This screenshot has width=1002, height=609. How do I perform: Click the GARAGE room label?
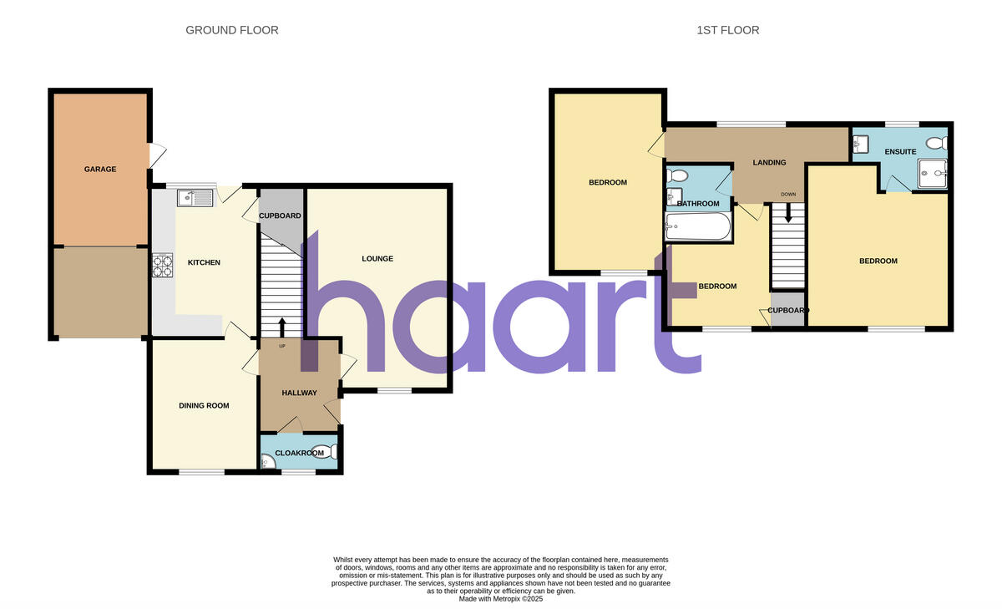click(100, 170)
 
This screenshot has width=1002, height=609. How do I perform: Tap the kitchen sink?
click(195, 198)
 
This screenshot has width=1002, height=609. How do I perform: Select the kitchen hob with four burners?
click(162, 265)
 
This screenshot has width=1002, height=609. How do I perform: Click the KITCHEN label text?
click(204, 263)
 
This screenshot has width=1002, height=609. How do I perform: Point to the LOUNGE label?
click(377, 259)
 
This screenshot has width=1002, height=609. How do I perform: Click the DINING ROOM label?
click(204, 406)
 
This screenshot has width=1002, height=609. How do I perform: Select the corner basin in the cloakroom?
click(266, 462)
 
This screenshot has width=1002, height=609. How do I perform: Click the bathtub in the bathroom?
click(698, 226)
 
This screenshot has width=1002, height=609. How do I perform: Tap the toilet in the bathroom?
click(677, 176)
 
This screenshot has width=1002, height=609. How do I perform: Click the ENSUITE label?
click(901, 152)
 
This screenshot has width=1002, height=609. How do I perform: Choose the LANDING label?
click(769, 163)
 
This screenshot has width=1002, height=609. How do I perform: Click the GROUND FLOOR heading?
click(232, 30)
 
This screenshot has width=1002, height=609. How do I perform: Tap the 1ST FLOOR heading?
click(728, 30)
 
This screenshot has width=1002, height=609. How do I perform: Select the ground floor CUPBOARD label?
click(280, 216)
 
